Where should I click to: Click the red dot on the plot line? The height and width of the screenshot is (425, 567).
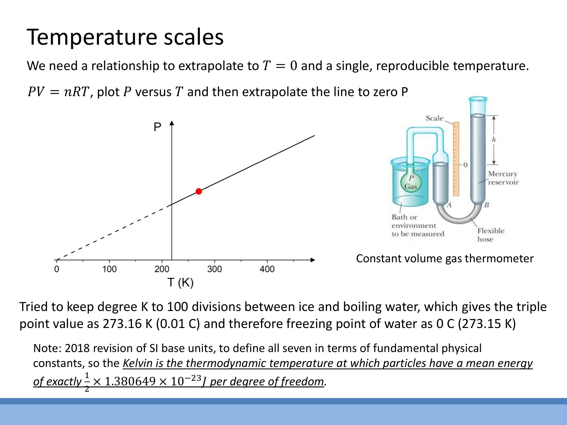199,191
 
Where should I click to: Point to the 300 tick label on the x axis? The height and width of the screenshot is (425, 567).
214,269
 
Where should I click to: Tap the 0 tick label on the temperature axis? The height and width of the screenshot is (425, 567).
57,269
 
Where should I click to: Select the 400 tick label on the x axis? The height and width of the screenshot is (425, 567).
267,269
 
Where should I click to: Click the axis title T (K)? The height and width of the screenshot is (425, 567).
181,283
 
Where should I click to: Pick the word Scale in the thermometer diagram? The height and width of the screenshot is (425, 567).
434,118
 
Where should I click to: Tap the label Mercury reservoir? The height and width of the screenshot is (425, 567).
503,178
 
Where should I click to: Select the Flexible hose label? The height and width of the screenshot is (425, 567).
490,235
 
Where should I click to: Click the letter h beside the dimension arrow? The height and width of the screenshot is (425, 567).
494,140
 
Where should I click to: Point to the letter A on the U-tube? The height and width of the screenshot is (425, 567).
449,205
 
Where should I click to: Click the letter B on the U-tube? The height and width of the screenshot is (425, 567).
486,205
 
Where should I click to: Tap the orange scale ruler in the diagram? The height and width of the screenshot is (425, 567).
456,159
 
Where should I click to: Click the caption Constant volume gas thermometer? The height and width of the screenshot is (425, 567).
445,258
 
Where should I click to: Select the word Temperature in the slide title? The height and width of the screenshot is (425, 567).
92,37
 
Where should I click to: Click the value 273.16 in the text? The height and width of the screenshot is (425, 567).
122,323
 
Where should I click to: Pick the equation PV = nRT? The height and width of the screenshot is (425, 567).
58,92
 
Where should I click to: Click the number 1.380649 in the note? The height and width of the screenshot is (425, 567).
130,381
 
